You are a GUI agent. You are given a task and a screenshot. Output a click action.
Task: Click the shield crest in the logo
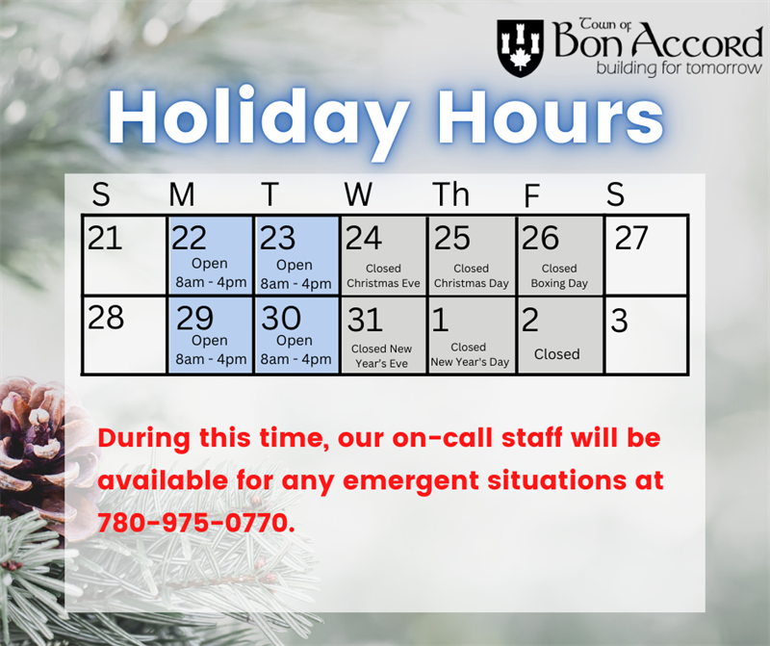pos(520,47)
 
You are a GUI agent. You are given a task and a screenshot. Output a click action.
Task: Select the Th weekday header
pos(450,194)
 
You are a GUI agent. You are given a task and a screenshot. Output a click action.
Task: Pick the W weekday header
pos(358,194)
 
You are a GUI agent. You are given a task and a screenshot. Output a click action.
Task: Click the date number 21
pos(105,238)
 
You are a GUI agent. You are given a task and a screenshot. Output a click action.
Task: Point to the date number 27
pos(630,238)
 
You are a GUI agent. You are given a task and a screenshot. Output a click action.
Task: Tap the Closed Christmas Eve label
pos(383,276)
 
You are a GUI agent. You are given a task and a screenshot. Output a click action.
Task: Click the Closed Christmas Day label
pos(471,276)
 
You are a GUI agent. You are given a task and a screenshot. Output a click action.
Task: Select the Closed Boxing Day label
pos(559,276)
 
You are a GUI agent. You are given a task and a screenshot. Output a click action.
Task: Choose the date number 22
pos(191,238)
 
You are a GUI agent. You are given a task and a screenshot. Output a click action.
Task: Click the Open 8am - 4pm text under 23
pos(295,274)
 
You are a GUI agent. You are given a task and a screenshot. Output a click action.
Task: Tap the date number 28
pos(105,318)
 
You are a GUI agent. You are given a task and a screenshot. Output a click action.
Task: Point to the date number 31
pos(365,320)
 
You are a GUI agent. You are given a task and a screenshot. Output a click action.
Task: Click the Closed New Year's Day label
pos(469,354)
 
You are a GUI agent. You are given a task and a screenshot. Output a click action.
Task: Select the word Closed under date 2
pos(557,354)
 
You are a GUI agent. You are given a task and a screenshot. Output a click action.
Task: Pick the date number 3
pos(619,321)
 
